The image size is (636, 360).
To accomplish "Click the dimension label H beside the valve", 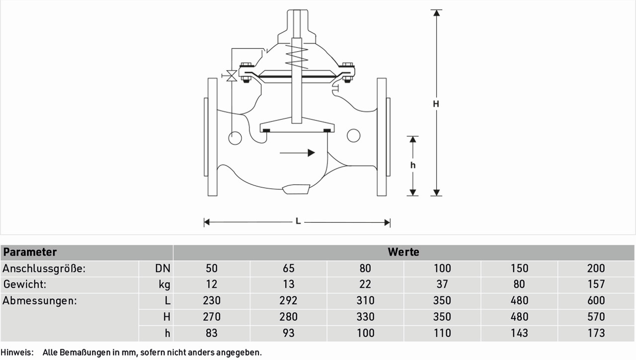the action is [436, 104].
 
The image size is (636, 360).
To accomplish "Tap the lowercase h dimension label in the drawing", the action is [413, 165].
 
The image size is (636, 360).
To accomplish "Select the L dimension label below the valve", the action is [298, 221].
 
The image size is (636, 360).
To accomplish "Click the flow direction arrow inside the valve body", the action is [297, 153].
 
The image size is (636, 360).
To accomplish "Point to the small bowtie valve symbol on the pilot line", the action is [232, 76].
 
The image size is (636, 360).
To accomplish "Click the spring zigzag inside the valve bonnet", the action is [297, 58].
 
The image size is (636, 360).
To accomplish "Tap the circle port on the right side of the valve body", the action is [353, 135].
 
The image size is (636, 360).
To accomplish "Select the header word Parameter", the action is [30, 252].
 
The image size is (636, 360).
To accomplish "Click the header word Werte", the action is [403, 252].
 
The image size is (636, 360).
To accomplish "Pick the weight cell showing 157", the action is [596, 284].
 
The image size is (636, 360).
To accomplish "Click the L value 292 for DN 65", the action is [288, 300].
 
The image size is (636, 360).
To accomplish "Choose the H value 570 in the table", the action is [596, 317].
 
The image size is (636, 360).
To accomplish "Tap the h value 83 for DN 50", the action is [212, 333].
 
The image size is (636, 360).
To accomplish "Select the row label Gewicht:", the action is [25, 284].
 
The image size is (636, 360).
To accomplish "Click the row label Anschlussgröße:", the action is [44, 268].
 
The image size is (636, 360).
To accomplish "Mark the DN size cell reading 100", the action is [442, 268].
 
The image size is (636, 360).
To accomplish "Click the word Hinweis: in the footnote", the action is [17, 353].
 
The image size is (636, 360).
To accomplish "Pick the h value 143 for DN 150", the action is [519, 333].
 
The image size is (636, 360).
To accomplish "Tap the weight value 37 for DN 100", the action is [442, 284].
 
